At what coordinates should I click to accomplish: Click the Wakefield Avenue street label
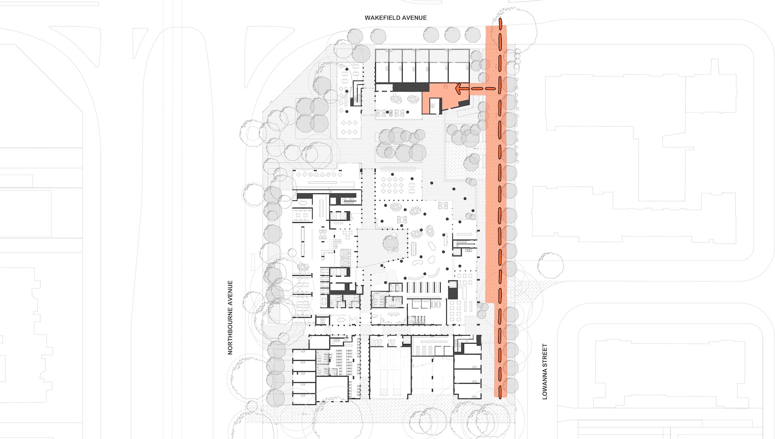[395, 18]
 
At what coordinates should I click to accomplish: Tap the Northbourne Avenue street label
[230, 318]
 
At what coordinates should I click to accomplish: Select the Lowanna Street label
[545, 371]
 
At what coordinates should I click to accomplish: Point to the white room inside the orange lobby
[435, 105]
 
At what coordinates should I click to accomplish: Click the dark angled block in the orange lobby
[464, 103]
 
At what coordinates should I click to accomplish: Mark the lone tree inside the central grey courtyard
[391, 243]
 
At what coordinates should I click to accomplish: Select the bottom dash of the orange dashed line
[500, 393]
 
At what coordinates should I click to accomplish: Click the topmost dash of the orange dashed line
[500, 23]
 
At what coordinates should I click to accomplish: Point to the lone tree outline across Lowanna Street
[550, 265]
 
